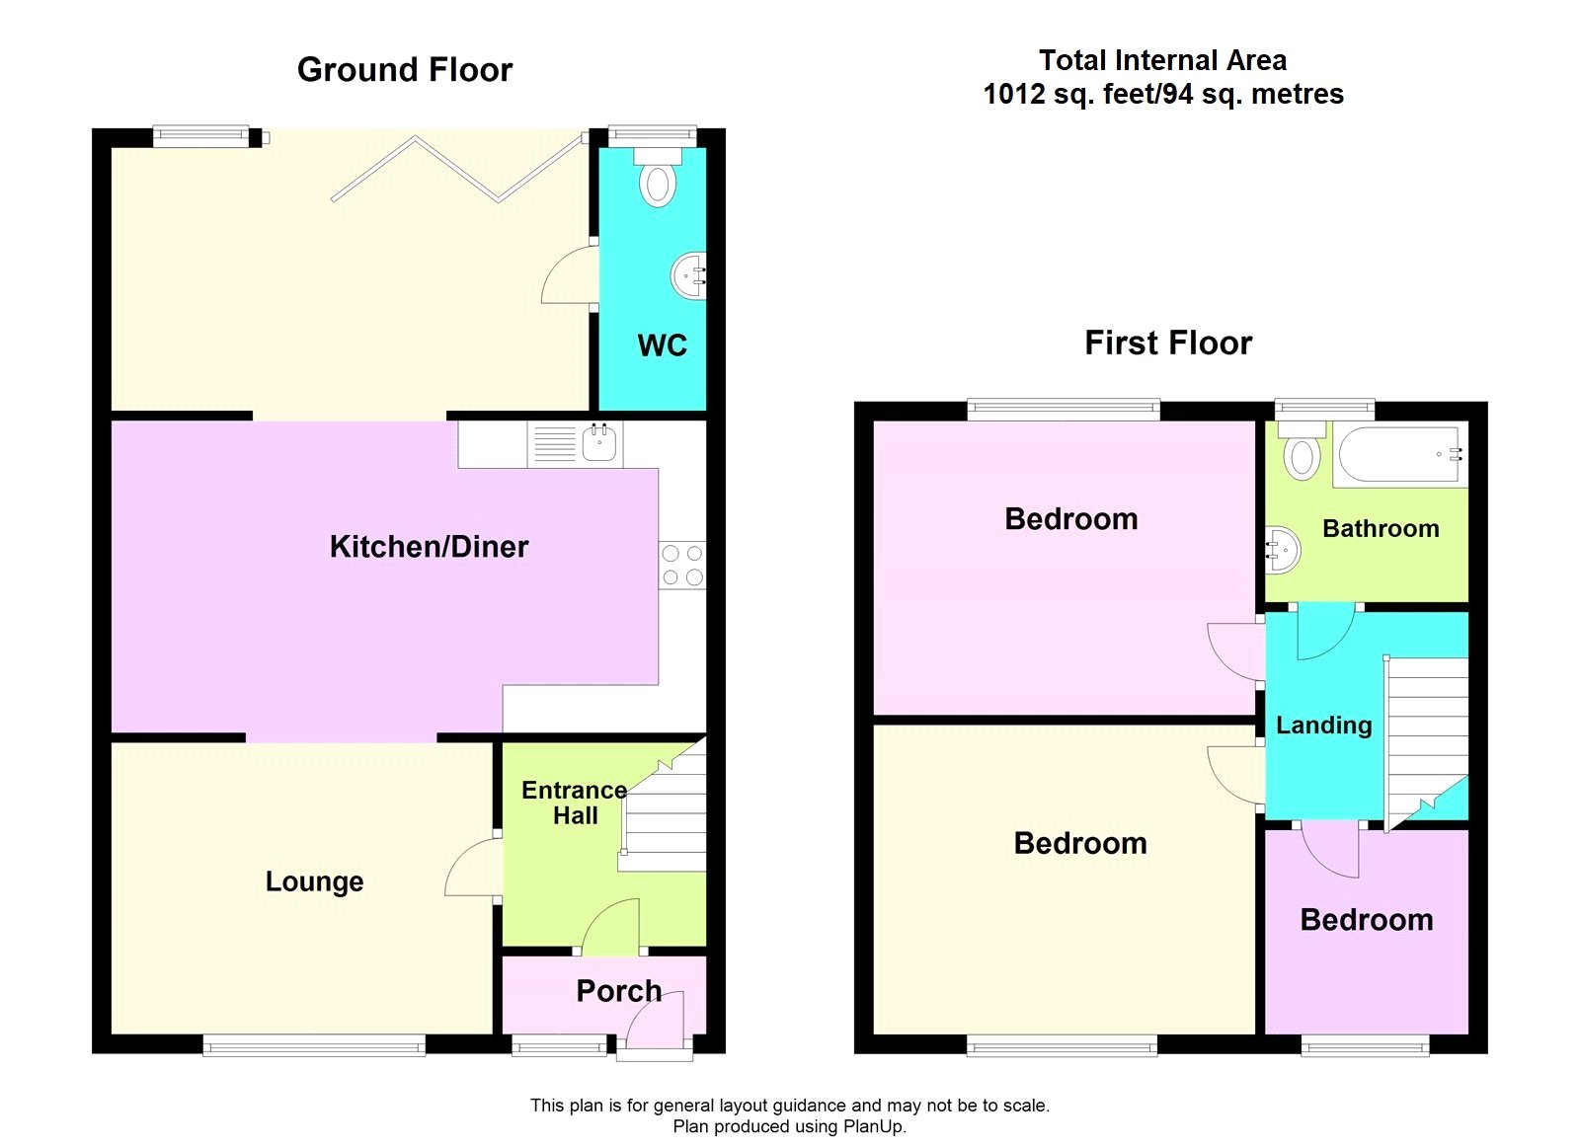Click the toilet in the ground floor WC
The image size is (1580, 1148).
click(x=658, y=177)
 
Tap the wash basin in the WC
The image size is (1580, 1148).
click(x=688, y=275)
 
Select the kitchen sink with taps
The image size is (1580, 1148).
click(x=598, y=443)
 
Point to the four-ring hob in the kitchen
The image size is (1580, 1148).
click(x=682, y=565)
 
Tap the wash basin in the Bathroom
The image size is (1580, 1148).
click(x=1283, y=550)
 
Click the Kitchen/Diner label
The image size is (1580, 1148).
click(x=429, y=547)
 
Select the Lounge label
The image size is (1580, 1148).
click(x=315, y=881)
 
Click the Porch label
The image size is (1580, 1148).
click(x=618, y=991)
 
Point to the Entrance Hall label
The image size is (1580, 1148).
click(x=574, y=803)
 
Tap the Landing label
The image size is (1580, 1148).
click(x=1324, y=725)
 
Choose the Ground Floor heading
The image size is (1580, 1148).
click(x=405, y=70)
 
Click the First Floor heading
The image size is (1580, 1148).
click(x=1168, y=344)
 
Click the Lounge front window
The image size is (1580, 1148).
click(x=315, y=1045)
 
